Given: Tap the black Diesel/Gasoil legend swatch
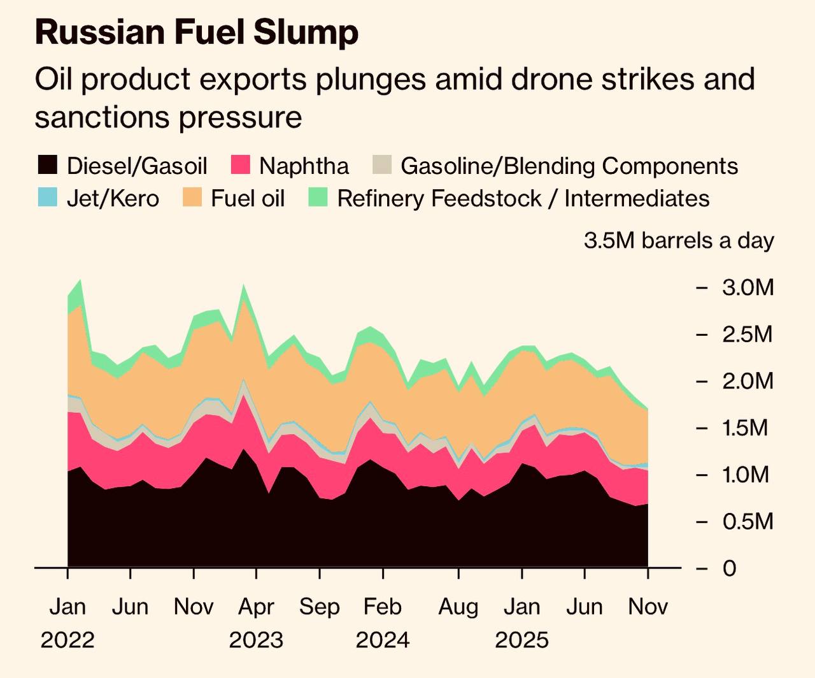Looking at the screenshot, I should tap(47, 166).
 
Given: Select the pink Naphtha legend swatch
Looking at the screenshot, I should tap(239, 166).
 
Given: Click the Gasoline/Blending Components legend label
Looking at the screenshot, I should tap(569, 166).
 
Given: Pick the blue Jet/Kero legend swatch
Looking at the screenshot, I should tap(47, 198).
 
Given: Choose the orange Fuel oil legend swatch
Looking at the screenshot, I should tap(192, 198).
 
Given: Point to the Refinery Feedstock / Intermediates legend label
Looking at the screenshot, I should tap(523, 198).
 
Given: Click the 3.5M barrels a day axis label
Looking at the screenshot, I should tap(679, 241).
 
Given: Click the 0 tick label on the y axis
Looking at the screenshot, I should tap(729, 568).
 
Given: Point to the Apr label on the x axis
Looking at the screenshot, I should tap(256, 607).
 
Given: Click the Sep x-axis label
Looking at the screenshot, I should tap(320, 607).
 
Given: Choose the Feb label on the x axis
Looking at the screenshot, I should tap(383, 607).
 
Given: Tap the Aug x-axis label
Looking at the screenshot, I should tap(458, 607).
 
